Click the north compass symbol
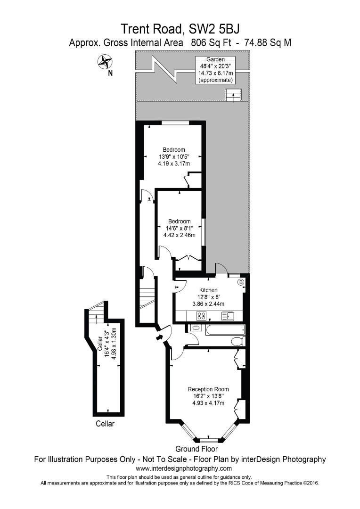click(x=104, y=61)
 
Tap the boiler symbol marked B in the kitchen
click(x=240, y=282)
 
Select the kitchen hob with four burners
click(x=202, y=316)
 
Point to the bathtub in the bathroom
click(x=224, y=328)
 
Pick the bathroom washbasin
click(x=195, y=328)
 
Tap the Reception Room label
click(x=208, y=389)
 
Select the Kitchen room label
click(x=208, y=290)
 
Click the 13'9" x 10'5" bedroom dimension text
click(x=174, y=157)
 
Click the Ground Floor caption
click(x=196, y=449)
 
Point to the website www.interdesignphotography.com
click(x=184, y=468)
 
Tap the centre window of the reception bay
click(x=208, y=440)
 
